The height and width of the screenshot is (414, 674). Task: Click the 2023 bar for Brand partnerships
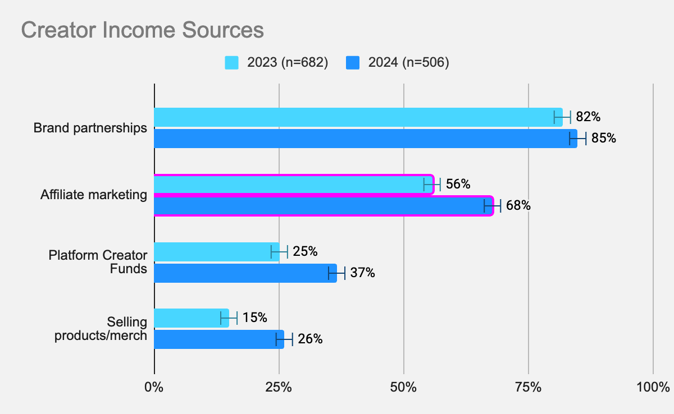pos(358,117)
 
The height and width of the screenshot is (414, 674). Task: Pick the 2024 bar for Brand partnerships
pos(365,139)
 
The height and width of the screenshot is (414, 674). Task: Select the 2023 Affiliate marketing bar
pos(293,184)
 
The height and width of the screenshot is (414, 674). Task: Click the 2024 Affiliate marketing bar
pos(323,206)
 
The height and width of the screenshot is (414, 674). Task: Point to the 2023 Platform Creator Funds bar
pos(216,252)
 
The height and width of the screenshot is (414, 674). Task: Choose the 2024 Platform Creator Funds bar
pos(245,273)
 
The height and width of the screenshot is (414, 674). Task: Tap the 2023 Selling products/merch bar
pos(192,318)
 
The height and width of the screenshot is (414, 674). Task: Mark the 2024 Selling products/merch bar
pos(218,339)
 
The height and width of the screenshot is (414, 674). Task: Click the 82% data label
pos(588,117)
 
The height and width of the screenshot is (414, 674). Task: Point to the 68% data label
pos(518,206)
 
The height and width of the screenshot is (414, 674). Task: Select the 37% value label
pos(362,273)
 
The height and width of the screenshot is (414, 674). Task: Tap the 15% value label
pos(254,318)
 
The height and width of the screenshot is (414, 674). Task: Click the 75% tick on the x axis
pos(529,387)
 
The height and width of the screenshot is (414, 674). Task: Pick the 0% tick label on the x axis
pos(153,387)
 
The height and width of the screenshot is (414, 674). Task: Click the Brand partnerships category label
pos(90,128)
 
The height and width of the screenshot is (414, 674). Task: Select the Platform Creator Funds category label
pos(98,262)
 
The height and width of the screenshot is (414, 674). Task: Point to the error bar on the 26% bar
pos(284,339)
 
